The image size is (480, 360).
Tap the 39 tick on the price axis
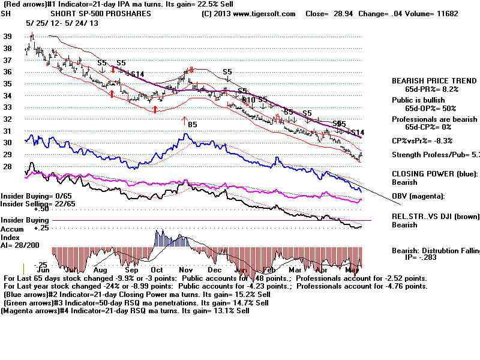tap(8, 37)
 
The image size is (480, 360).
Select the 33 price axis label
tap(8, 107)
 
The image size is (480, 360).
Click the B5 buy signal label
tap(193, 125)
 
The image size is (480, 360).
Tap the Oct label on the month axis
tap(157, 270)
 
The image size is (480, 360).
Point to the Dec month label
tap(215, 270)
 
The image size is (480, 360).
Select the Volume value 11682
tap(430, 13)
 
